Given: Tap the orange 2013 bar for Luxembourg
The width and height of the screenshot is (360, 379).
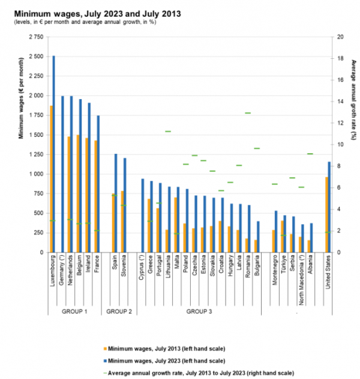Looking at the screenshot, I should coord(52,180).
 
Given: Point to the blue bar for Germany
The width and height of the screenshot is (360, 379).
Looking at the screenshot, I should coord(62,174).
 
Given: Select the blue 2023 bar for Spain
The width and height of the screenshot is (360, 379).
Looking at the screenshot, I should coord(116,204).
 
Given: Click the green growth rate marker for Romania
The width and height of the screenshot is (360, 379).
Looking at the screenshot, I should coord(248,113).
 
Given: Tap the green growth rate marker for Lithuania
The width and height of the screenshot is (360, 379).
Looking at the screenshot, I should coord(169,131).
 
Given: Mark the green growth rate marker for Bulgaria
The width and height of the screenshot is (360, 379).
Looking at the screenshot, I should coord(257,148).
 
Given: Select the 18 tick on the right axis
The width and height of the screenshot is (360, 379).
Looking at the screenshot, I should coord(341,58).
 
